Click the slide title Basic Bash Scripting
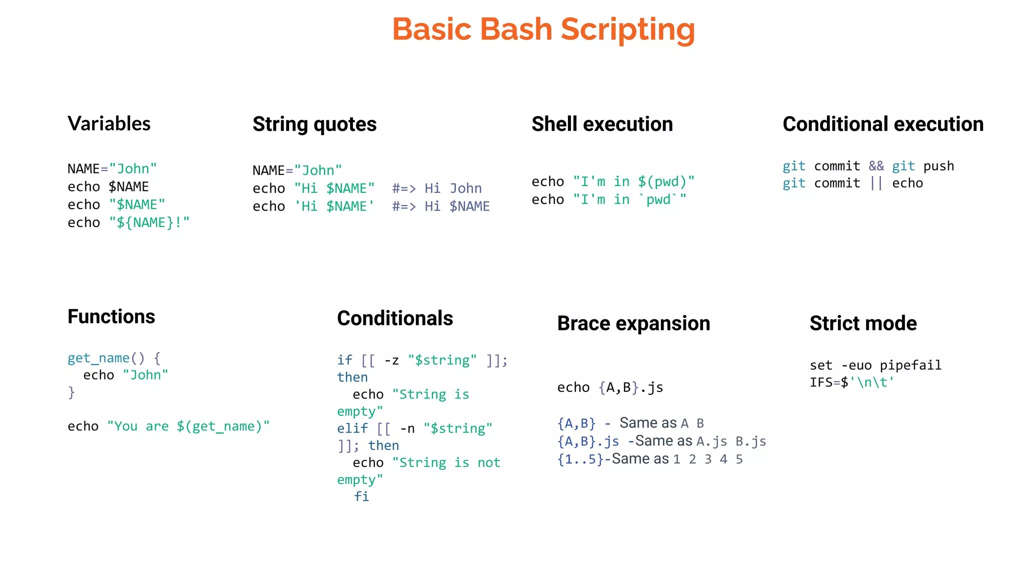543,29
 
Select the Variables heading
109,123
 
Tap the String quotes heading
314,124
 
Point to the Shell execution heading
602,124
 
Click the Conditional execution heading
883,124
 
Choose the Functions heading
111,316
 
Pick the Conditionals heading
395,318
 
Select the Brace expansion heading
633,323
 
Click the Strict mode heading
863,323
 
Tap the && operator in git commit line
876,166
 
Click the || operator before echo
876,183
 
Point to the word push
938,166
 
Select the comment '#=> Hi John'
437,188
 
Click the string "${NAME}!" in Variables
149,222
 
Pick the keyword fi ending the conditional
361,496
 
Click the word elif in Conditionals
352,428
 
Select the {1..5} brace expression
580,459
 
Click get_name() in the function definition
106,358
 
